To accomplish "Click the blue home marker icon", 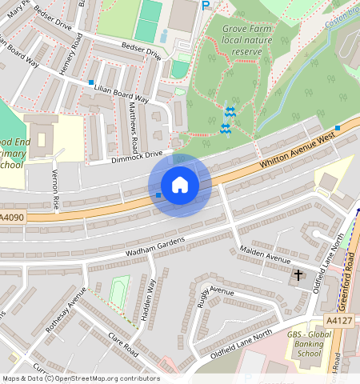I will [x=180, y=185].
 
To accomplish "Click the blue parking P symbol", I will [x=206, y=6].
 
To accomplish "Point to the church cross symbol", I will [x=298, y=275].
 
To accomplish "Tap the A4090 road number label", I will [x=12, y=218].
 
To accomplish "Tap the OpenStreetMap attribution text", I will [x=80, y=378].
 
